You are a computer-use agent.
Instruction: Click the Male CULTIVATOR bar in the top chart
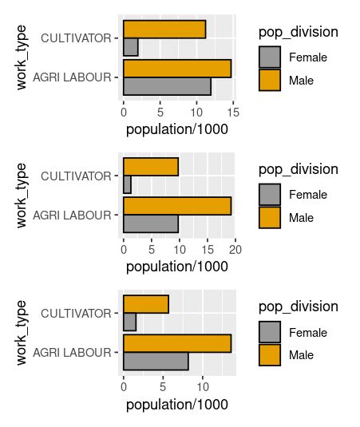coord(164,29)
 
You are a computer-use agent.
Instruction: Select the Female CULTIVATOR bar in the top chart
coord(131,47)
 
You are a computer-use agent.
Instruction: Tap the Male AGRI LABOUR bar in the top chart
coord(177,69)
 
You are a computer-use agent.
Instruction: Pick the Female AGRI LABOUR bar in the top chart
coord(168,86)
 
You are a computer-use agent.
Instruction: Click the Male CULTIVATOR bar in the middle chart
coord(151,167)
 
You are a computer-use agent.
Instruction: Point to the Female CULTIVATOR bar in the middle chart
coord(128,185)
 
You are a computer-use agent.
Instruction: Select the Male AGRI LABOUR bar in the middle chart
coord(177,206)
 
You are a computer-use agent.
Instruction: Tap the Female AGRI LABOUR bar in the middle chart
coord(151,224)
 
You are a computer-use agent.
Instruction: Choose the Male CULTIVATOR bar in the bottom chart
coord(146,304)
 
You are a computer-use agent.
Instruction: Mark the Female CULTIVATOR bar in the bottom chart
coord(130,322)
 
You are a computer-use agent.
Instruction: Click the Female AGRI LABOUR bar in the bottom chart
coord(156,362)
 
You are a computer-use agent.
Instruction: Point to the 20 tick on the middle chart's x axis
coord(235,250)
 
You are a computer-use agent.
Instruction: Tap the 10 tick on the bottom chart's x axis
coord(203,387)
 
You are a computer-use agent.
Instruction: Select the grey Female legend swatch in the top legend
coord(270,57)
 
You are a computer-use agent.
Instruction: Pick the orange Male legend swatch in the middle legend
coord(270,217)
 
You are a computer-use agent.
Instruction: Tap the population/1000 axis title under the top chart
coord(177,128)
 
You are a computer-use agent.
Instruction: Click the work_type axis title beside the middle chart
coord(22,195)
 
